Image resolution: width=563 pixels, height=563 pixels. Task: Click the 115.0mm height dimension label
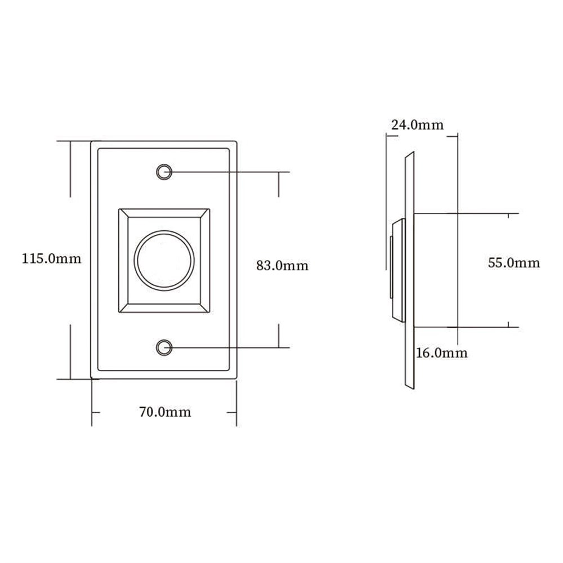[x=52, y=258]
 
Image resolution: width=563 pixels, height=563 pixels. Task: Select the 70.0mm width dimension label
[x=165, y=412]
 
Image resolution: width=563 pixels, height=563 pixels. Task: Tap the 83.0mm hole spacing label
[x=282, y=265]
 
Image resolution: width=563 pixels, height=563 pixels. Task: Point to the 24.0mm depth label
[x=417, y=124]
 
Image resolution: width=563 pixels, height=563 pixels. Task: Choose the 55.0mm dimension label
[x=514, y=263]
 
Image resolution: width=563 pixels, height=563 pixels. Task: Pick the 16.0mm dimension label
[x=441, y=352]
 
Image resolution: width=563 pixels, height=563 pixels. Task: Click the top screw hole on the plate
[x=164, y=172]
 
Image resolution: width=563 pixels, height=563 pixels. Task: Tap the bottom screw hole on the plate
[x=164, y=347]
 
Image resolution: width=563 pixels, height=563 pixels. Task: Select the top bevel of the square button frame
[x=164, y=213]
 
